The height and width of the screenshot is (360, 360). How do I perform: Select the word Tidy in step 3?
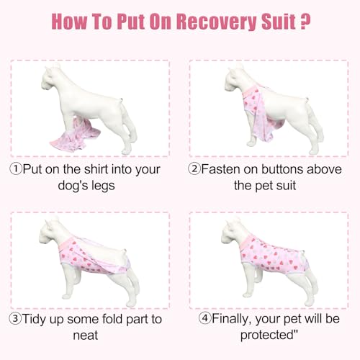(x=40, y=316)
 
